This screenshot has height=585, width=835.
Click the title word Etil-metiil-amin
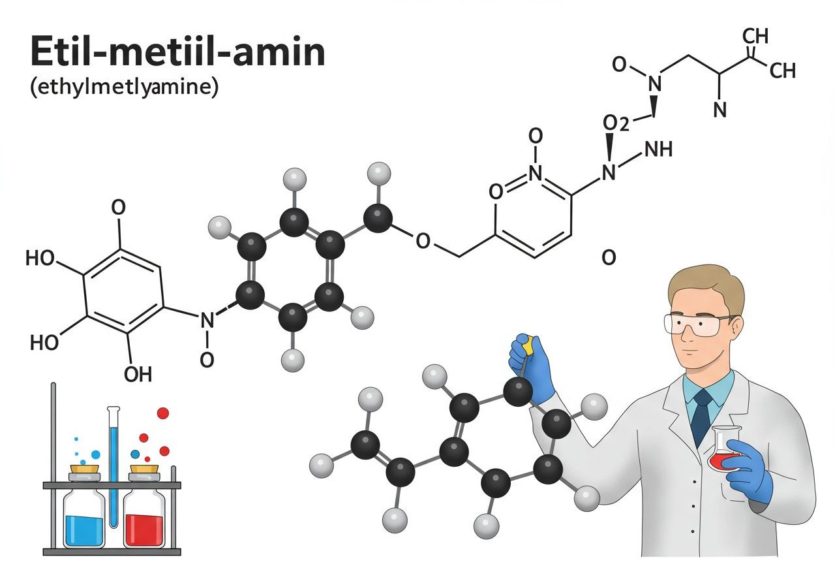(x=178, y=52)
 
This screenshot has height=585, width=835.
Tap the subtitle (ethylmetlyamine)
(x=124, y=87)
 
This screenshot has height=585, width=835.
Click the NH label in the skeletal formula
(x=658, y=150)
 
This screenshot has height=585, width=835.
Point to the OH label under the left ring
(x=138, y=374)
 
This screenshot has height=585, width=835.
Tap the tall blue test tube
(x=114, y=467)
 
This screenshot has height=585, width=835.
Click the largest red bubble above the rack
(x=163, y=413)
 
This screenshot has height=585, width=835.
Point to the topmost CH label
(x=755, y=37)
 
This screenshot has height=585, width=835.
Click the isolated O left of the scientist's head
(x=609, y=257)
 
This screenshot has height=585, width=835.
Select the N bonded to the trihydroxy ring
(x=207, y=320)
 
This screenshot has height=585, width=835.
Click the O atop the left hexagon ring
(x=119, y=207)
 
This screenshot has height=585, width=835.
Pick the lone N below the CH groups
(x=720, y=110)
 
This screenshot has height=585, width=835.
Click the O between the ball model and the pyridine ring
(x=423, y=241)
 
